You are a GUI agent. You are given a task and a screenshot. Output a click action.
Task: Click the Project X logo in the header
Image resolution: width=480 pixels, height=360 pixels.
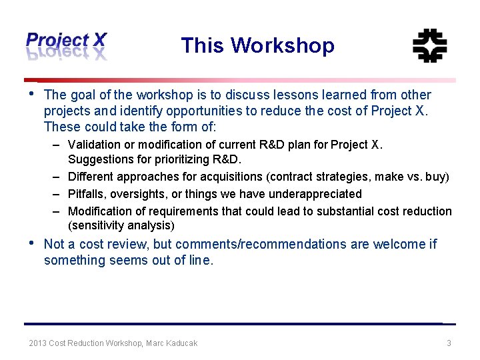click(x=66, y=45)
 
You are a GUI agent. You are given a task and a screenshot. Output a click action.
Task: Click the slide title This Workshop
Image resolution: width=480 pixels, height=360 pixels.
click(x=257, y=45)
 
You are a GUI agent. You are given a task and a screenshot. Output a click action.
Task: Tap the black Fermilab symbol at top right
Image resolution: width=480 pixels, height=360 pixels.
click(x=429, y=46)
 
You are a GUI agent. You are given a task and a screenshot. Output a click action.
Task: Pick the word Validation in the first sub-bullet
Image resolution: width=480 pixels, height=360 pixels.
click(x=93, y=145)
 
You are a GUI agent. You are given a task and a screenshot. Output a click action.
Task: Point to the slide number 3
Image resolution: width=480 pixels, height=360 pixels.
click(x=449, y=343)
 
